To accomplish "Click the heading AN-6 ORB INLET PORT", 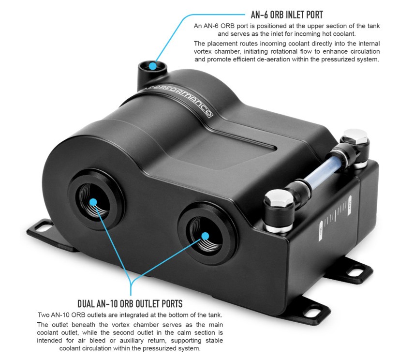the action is [x=287, y=15].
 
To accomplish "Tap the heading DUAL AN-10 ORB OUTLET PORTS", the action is [x=130, y=304].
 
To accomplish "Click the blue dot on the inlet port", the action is [x=152, y=66].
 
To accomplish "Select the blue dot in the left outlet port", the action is [x=93, y=202].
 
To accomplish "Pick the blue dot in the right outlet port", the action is [x=205, y=236].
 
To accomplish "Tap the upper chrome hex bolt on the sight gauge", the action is [x=355, y=136].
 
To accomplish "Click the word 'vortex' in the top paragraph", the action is [x=204, y=52].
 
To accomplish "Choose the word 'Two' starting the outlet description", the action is [x=44, y=315].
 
